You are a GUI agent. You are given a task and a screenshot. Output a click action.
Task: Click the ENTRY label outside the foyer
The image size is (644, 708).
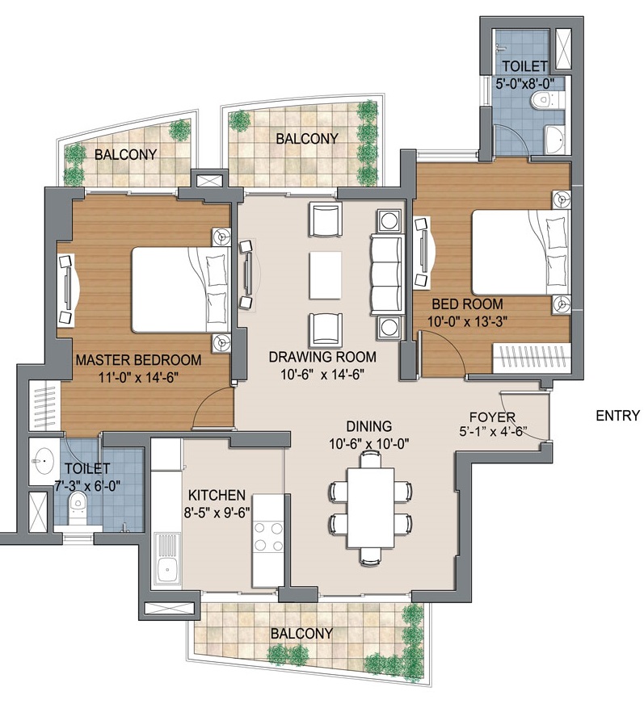click(x=618, y=415)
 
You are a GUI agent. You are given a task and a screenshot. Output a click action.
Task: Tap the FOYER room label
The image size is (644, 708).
click(x=492, y=417)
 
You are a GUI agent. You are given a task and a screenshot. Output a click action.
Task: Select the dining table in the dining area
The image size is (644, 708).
click(x=371, y=508)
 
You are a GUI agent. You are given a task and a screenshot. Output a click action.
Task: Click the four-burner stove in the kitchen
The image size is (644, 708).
click(x=268, y=537)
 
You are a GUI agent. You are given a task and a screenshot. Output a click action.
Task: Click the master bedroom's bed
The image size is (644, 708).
click(x=181, y=290)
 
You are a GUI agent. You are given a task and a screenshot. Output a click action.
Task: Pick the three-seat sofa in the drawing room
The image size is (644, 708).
click(x=387, y=274)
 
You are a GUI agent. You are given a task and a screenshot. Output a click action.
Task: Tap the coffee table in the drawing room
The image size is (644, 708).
click(x=326, y=275)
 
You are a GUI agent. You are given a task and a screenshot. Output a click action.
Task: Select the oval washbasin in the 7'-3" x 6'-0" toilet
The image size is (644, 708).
click(x=44, y=461)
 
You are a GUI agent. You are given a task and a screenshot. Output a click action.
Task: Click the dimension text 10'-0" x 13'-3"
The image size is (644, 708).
click(x=467, y=321)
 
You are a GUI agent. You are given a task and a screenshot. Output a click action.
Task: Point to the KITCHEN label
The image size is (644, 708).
click(x=217, y=496)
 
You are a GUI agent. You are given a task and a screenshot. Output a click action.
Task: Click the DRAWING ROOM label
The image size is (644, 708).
click(x=322, y=357)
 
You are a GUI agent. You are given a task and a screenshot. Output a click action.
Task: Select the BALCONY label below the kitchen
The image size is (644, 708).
click(x=301, y=634)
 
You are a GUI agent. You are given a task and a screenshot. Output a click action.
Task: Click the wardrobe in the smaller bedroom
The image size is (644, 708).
click(x=531, y=358)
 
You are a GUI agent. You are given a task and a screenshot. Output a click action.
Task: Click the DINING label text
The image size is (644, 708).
click(x=368, y=426)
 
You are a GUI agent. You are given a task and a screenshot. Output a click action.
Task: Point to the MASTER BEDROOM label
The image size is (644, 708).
click(x=138, y=360)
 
